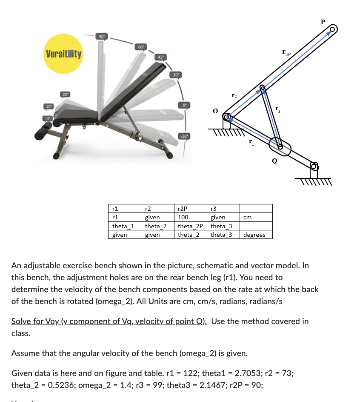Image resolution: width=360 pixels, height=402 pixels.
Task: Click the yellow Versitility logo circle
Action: pos(64,55)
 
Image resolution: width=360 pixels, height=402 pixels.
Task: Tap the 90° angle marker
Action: pos(102,36)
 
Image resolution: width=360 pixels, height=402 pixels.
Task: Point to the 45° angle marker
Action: pos(160,57)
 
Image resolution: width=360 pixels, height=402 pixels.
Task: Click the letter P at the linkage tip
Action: pos(323,21)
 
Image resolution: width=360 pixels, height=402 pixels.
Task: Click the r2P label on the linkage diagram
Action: pos(286,53)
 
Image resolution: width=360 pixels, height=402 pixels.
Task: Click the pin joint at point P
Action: pos(333,30)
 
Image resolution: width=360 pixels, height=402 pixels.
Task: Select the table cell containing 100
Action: pos(191,218)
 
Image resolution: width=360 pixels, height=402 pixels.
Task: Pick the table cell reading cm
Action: pos(256,218)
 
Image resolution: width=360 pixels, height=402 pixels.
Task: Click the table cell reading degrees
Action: pos(256,235)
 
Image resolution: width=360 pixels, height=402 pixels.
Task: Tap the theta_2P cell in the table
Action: pos(191,226)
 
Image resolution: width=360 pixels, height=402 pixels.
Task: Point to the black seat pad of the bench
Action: pos(79,114)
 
